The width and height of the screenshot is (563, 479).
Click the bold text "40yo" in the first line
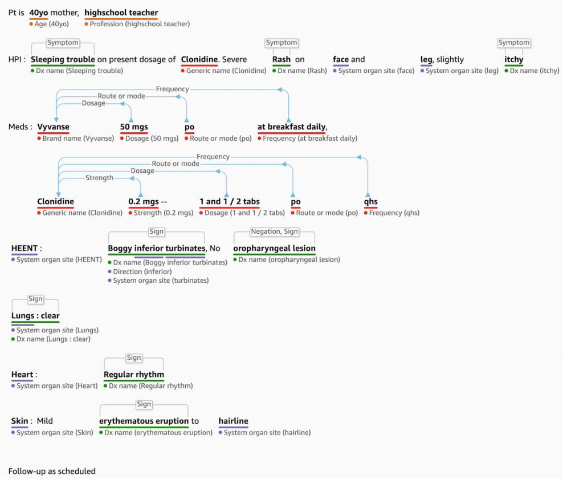[39, 13]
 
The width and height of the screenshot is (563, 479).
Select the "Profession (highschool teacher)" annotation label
[140, 24]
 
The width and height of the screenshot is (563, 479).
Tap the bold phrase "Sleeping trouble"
[63, 59]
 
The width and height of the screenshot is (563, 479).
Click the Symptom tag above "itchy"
[513, 43]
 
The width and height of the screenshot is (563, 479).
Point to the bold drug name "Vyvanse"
[53, 127]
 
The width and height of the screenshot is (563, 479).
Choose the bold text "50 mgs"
[134, 127]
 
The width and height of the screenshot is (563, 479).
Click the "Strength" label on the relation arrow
[99, 178]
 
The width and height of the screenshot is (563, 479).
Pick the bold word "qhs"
[370, 201]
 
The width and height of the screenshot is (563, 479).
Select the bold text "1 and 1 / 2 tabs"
[230, 201]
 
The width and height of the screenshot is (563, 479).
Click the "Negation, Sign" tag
[274, 232]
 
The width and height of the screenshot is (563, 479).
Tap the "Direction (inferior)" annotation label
[142, 271]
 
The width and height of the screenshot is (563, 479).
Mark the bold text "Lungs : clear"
[35, 315]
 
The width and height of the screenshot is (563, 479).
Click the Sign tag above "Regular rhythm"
[134, 358]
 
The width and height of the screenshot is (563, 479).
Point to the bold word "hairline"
[233, 421]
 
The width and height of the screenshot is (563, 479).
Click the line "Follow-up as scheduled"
[52, 471]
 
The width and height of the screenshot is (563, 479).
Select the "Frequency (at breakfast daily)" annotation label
[310, 138]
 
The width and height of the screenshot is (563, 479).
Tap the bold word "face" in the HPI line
[341, 59]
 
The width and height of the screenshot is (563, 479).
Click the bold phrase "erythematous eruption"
[144, 421]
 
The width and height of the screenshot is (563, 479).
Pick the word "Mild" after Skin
[45, 421]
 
